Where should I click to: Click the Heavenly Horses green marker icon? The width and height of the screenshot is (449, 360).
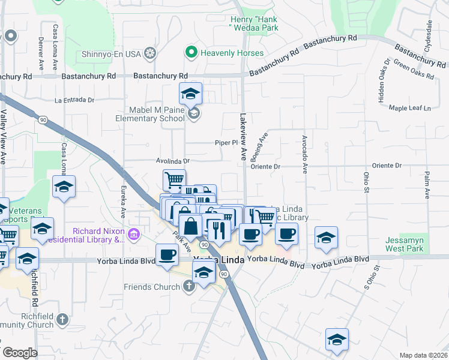(191, 53)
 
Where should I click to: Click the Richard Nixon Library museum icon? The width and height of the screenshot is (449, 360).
(134, 234)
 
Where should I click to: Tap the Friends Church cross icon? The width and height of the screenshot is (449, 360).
(188, 286)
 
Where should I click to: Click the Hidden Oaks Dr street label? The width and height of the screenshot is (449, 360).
(382, 81)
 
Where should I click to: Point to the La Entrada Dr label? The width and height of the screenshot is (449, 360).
(74, 100)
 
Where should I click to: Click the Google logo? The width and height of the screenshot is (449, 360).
(19, 353)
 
